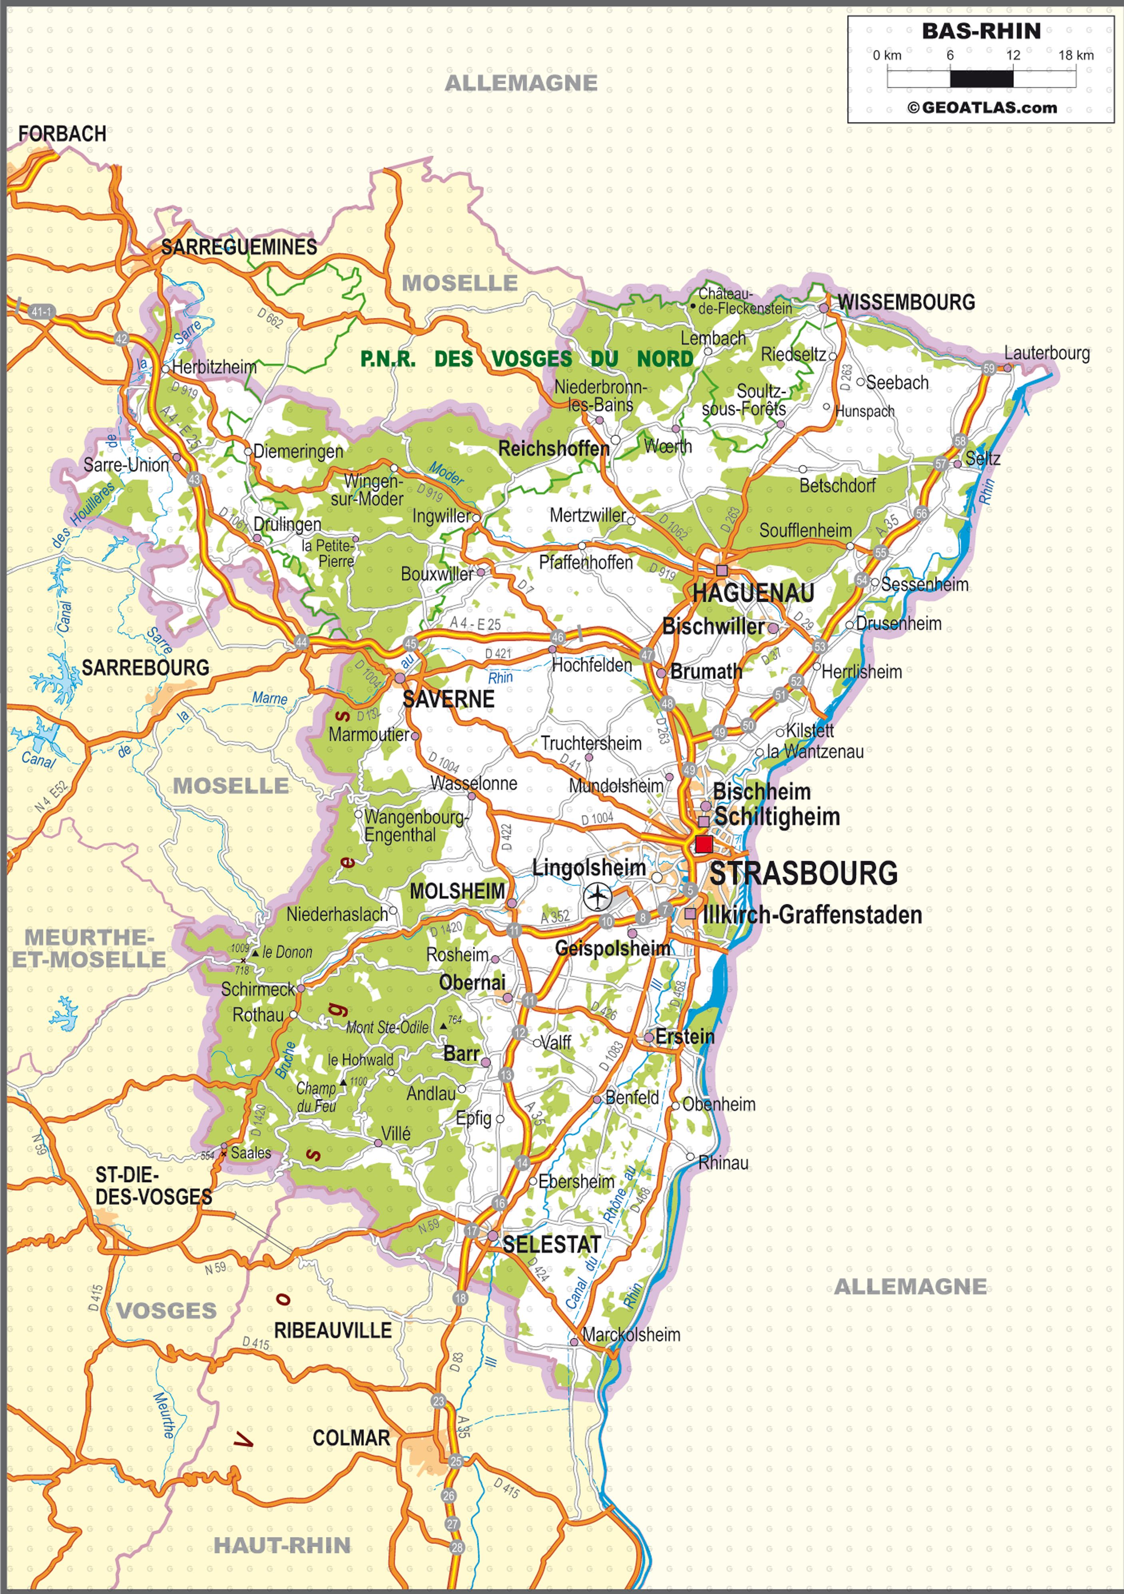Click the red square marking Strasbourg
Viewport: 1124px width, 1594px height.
pyautogui.click(x=703, y=844)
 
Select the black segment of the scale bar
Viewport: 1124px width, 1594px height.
pyautogui.click(x=981, y=78)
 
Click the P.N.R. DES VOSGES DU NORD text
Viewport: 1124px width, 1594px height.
pyautogui.click(x=526, y=359)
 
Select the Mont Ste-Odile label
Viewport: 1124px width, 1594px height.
pyautogui.click(x=387, y=1028)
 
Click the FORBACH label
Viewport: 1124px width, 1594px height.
pyautogui.click(x=62, y=134)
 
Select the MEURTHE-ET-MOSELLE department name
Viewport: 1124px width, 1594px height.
pyautogui.click(x=89, y=948)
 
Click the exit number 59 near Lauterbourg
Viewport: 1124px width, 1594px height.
pyautogui.click(x=988, y=369)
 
